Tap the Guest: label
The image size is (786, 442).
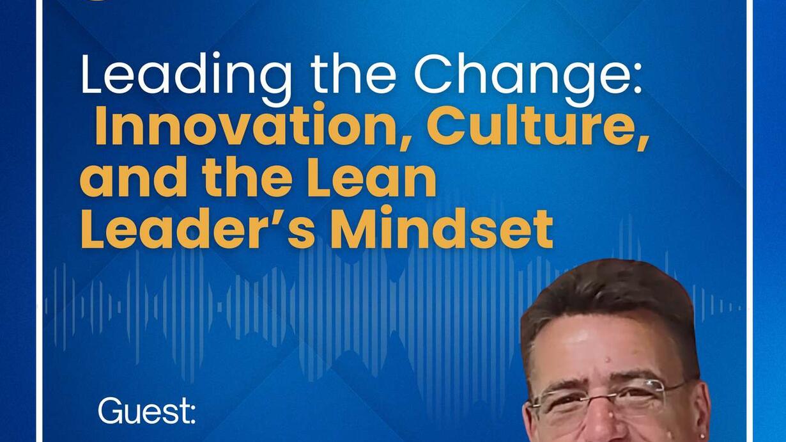point(147,411)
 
